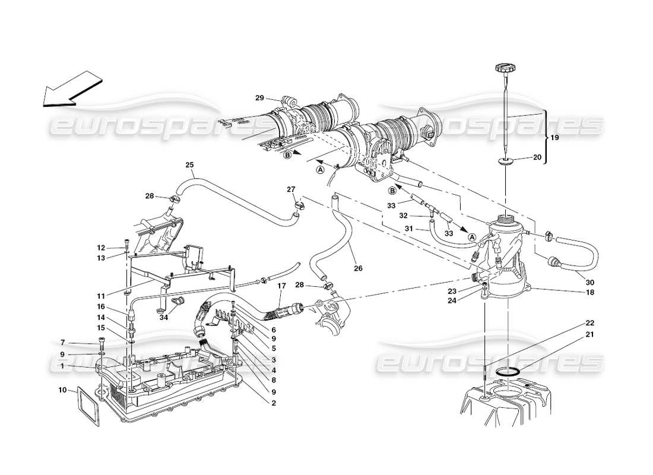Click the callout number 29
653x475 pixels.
[259, 97]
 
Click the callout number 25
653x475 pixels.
[190, 164]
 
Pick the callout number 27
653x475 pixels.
[291, 190]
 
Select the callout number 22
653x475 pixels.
[589, 323]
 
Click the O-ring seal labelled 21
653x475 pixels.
[506, 372]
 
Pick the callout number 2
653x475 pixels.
[274, 404]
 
